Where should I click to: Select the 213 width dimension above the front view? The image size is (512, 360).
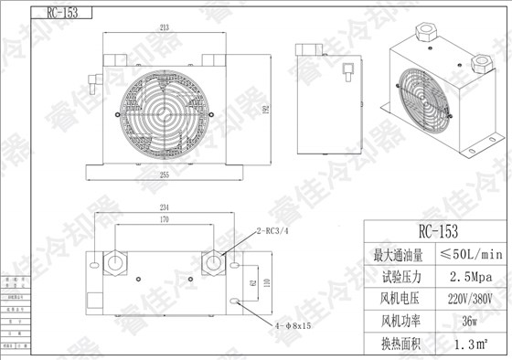tap(164, 28)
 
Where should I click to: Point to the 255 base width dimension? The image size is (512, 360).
tap(164, 173)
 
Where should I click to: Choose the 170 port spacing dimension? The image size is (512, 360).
tap(165, 220)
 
